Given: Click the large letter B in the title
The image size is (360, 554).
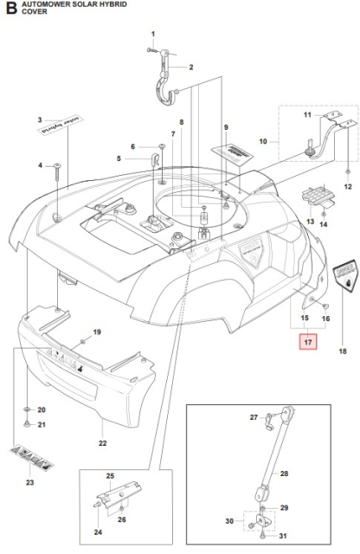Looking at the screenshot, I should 11,10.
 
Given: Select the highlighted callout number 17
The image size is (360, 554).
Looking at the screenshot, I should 309,341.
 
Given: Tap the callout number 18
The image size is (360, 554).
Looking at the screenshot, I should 341,351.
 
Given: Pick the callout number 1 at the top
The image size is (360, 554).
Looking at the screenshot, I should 152,34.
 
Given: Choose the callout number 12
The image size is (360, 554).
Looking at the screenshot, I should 348,187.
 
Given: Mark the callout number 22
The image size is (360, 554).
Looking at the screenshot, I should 102,443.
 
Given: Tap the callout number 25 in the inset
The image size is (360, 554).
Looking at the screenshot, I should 110,477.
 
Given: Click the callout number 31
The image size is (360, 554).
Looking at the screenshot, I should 284,537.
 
